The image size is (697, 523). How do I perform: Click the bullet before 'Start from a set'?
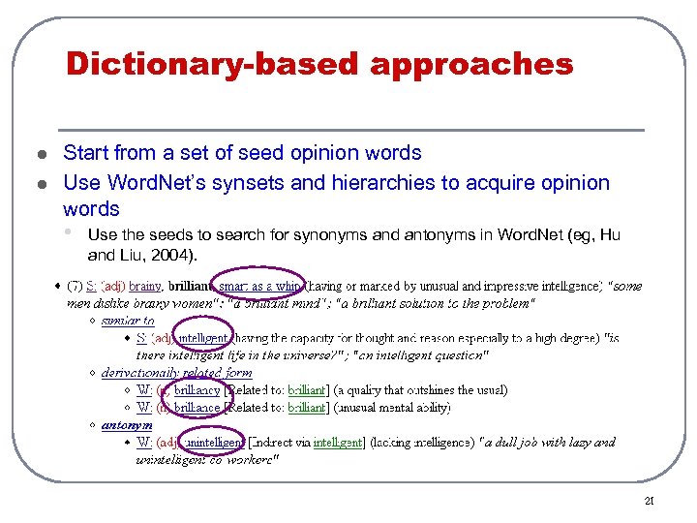click(39, 154)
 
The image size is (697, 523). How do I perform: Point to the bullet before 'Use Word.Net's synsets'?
click(39, 183)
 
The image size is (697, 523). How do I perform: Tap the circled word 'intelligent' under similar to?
click(202, 338)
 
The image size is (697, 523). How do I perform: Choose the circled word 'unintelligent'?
click(218, 442)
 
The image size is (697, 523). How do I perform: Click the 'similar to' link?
click(128, 321)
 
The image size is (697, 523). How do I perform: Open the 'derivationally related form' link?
click(177, 372)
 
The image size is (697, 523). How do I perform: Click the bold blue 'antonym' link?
click(127, 424)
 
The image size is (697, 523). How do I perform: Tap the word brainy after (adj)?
click(145, 285)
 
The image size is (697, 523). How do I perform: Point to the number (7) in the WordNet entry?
click(75, 285)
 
